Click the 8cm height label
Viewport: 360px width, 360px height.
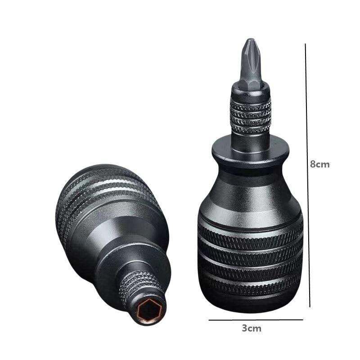point(319,164)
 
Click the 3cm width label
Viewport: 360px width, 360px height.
point(252,328)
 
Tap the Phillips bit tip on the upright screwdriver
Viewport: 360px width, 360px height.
point(250,41)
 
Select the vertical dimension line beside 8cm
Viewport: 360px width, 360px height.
point(308,175)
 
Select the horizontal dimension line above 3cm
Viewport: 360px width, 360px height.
point(256,320)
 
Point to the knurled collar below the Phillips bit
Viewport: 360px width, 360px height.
point(251,117)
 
